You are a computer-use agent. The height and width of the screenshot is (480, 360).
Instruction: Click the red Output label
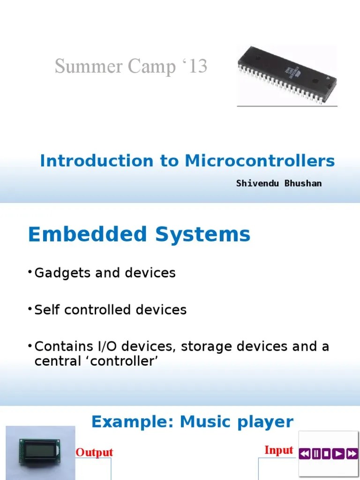[x=94, y=452]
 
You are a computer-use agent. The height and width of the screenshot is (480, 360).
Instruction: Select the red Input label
[x=279, y=450]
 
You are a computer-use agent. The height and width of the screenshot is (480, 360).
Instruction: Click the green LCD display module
[x=39, y=452]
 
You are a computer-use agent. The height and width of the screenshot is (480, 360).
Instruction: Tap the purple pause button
[x=316, y=453]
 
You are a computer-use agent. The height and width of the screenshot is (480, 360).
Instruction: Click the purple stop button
[x=327, y=453]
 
